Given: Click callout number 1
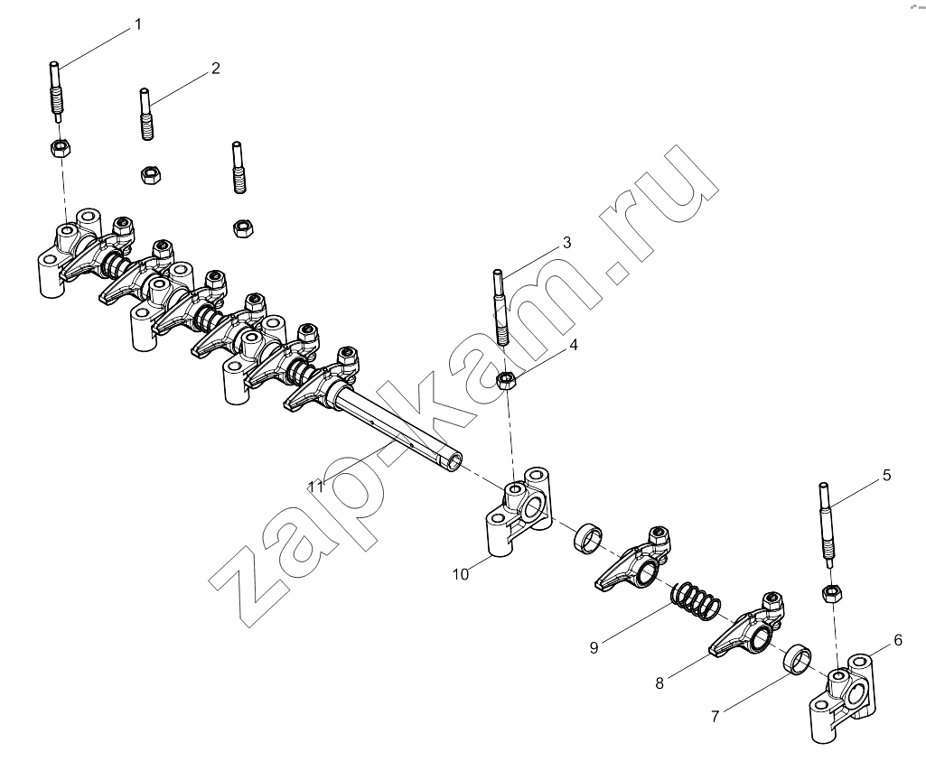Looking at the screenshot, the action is click(x=137, y=24).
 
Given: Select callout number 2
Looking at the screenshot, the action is click(x=216, y=68).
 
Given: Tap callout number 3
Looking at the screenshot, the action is click(x=566, y=243).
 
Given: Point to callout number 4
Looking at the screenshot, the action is click(x=573, y=345).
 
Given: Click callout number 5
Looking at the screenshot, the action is click(x=886, y=475).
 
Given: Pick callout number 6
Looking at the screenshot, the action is click(x=898, y=640).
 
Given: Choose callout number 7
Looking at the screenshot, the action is click(x=716, y=717).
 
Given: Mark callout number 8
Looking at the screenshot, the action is click(x=659, y=683).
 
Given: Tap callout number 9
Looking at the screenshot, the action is click(x=594, y=647).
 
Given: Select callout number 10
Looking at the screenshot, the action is click(x=461, y=573).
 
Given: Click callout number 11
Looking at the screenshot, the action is click(x=316, y=487).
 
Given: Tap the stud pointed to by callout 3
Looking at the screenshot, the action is click(x=500, y=307).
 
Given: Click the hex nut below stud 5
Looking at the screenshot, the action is click(x=832, y=592).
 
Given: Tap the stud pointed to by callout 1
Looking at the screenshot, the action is click(x=57, y=91).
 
